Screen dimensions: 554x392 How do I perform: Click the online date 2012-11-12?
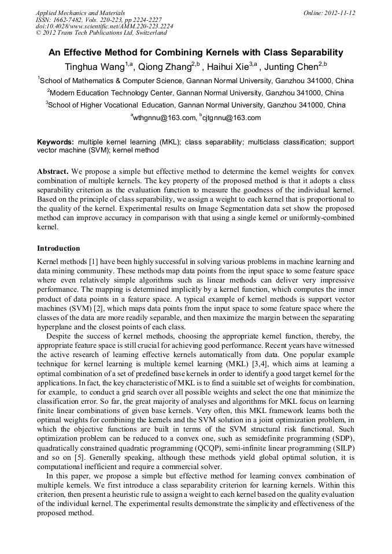pyautogui.click(x=337, y=13)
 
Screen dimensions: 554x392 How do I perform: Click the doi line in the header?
pyautogui.click(x=104, y=27)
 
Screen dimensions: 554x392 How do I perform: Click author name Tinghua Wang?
pyautogui.click(x=94, y=66)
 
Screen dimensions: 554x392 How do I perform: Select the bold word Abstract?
pyautogui.click(x=53, y=172)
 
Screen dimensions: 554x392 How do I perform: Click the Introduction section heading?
pyautogui.click(x=58, y=248)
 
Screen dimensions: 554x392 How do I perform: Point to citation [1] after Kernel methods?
pyautogui.click(x=91, y=262)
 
